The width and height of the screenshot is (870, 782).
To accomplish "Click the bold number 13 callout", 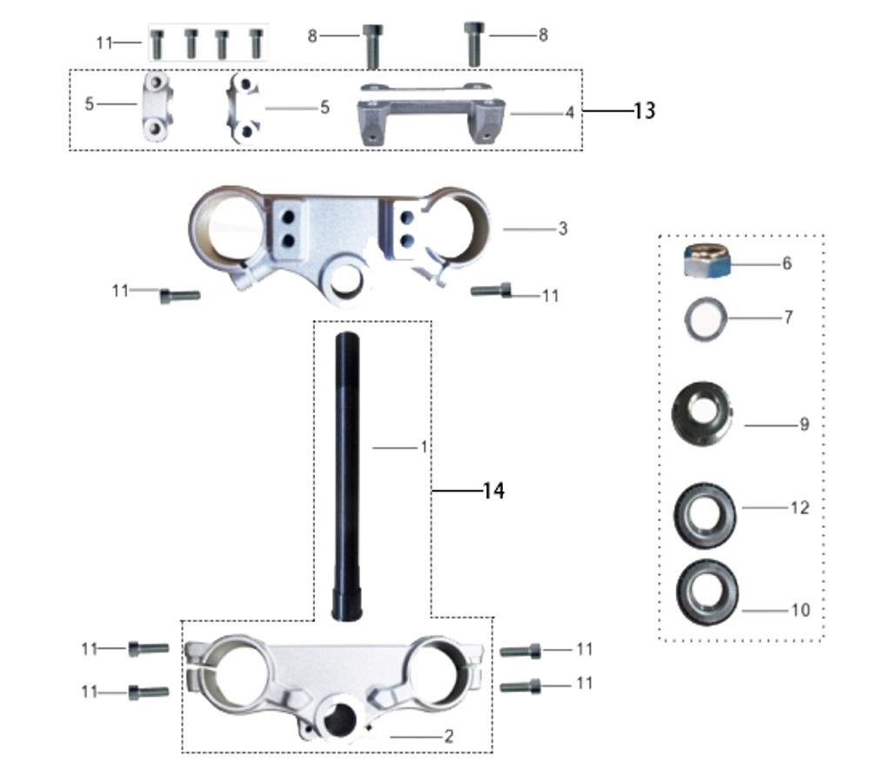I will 645,111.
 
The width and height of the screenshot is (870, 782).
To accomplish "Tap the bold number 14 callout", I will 492,491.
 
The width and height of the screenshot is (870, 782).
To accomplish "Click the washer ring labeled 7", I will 705,318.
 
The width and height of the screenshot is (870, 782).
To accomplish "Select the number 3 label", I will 563,229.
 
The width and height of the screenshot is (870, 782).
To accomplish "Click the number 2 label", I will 449,737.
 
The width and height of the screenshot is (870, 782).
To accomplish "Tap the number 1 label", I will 424,447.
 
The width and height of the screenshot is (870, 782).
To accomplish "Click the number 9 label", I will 804,424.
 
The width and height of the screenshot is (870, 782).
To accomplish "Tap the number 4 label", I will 569,112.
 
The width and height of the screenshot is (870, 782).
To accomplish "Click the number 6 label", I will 786,263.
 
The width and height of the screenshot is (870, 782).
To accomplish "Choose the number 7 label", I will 788,317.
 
